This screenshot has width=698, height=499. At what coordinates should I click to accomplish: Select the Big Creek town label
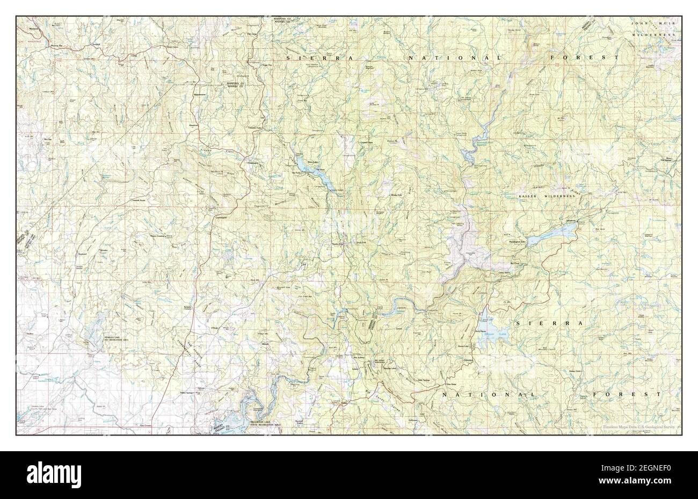point(514,264)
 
